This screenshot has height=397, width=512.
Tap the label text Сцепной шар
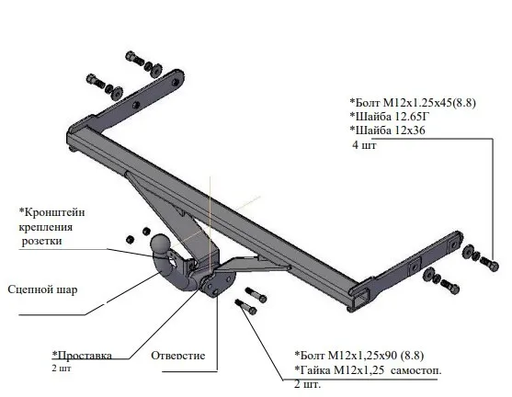pos(42,289)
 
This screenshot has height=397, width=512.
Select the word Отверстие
pos(178,356)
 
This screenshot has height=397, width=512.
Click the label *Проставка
pos(82,356)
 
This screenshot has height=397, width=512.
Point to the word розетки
pos(41,242)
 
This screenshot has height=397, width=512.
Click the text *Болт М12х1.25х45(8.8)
pos(413,103)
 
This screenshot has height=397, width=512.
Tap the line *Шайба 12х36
pos(387,130)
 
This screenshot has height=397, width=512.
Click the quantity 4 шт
pos(364,144)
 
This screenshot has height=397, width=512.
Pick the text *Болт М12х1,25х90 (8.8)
pos(359,356)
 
